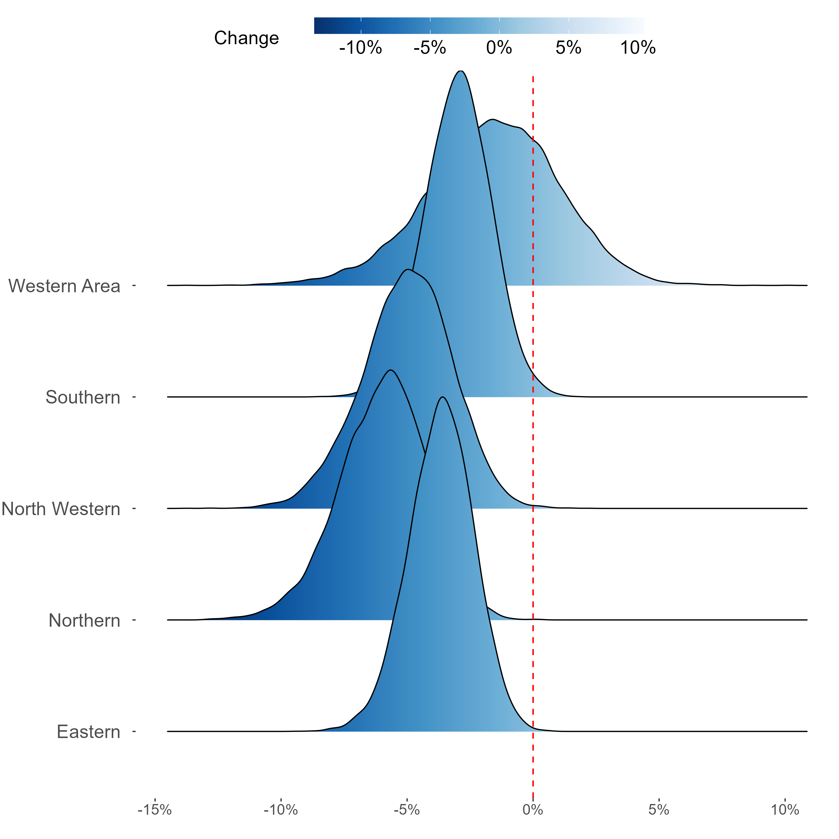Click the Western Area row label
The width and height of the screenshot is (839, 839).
coord(64,286)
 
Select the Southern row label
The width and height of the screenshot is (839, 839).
coord(83,397)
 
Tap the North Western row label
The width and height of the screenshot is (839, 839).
coord(61,509)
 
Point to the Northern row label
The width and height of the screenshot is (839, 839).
coord(84,621)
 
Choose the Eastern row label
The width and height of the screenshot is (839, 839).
coord(88,732)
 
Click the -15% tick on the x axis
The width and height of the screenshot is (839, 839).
coord(155,810)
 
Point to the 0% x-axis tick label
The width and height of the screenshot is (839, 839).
coord(533,810)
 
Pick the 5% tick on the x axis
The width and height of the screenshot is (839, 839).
coord(659,810)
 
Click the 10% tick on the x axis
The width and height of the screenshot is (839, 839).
coord(785,810)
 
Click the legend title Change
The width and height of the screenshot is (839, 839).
coord(246,38)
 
